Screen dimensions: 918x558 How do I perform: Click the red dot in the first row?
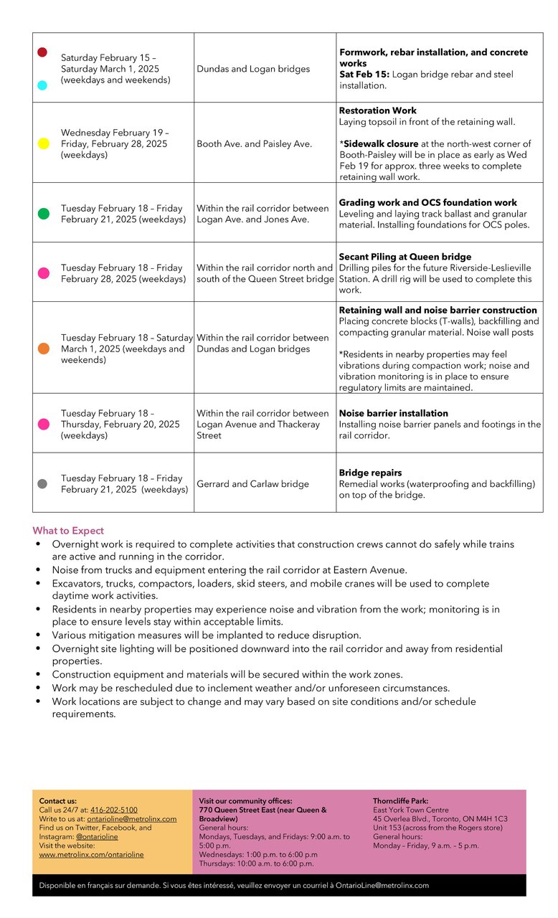click(x=42, y=52)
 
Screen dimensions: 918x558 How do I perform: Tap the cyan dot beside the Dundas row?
click(x=42, y=85)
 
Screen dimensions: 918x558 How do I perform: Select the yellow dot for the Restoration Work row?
click(x=43, y=143)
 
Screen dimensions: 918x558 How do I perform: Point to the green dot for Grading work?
click(x=44, y=214)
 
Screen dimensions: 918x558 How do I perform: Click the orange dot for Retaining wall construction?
click(x=44, y=349)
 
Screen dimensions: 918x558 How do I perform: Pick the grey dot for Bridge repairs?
click(x=42, y=484)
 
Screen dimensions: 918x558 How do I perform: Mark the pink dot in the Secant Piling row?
click(x=44, y=273)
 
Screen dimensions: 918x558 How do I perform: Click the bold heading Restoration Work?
click(x=377, y=110)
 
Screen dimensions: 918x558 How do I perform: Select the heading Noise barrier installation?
click(x=393, y=413)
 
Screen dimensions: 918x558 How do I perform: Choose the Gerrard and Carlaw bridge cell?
click(x=252, y=484)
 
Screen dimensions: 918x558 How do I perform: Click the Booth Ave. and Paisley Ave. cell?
click(x=254, y=143)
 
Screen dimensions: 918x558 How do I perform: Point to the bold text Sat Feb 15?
click(x=364, y=75)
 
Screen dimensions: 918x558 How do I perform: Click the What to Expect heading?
click(x=68, y=531)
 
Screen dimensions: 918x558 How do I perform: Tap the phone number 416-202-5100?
click(x=113, y=810)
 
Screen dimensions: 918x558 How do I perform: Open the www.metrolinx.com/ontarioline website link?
click(x=91, y=854)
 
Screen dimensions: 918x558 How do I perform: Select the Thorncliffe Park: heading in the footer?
click(x=400, y=800)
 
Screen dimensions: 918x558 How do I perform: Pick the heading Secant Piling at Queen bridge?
click(x=405, y=257)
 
